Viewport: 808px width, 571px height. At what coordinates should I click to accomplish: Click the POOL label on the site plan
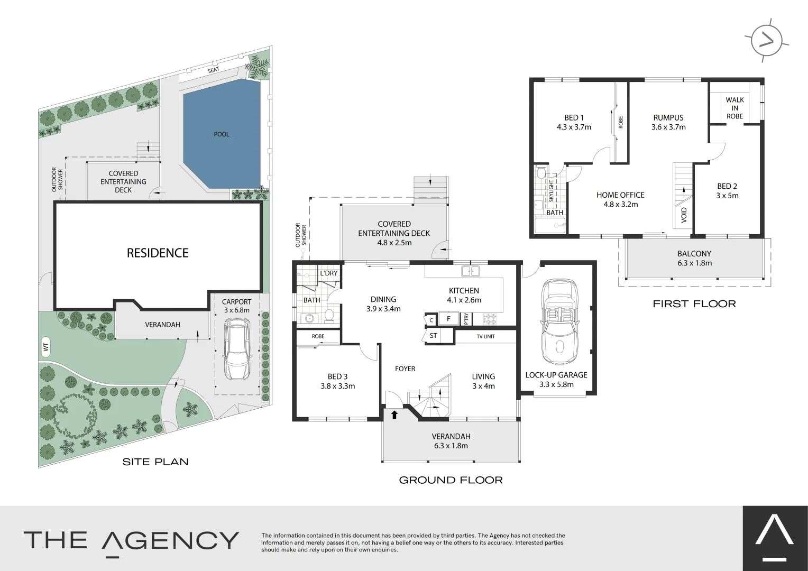[x=222, y=134]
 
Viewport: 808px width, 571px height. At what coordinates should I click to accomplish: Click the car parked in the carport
[x=237, y=348]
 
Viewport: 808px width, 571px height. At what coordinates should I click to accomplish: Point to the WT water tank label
[x=46, y=347]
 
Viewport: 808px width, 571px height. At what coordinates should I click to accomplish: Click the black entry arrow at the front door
[x=394, y=415]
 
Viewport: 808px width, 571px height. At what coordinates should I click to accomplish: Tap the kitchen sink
[x=471, y=271]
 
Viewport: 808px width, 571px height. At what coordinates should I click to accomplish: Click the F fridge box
[x=449, y=319]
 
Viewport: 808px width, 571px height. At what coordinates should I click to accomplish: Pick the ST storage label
[x=433, y=335]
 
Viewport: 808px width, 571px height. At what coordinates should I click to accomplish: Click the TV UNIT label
[x=485, y=337]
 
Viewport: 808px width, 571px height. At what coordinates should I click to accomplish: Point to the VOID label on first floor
[x=684, y=215]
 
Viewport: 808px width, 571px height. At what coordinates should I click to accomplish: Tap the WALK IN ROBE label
[x=735, y=108]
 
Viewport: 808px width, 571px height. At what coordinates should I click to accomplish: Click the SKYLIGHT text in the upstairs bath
[x=551, y=191]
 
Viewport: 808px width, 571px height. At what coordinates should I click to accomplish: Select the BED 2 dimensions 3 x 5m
[x=727, y=196]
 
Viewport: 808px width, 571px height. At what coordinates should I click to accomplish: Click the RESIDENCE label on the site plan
[x=158, y=253]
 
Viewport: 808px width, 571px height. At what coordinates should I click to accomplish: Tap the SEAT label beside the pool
[x=214, y=70]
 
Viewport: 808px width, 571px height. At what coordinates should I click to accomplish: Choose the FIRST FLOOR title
[x=694, y=303]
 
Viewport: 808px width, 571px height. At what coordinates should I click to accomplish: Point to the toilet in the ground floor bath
[x=328, y=316]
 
